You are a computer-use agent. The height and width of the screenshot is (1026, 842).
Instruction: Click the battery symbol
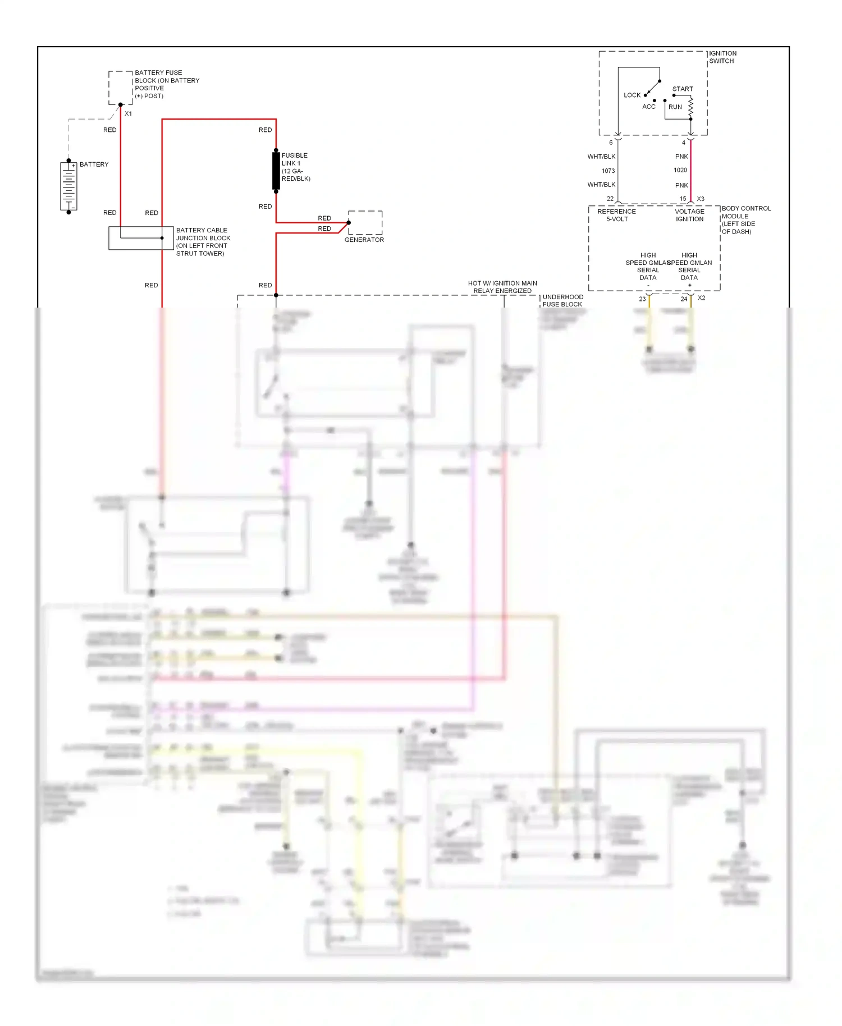pyautogui.click(x=68, y=187)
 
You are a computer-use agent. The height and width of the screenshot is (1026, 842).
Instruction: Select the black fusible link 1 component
pyautogui.click(x=276, y=171)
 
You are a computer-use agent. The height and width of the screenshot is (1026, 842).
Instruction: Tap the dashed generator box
pyautogui.click(x=365, y=222)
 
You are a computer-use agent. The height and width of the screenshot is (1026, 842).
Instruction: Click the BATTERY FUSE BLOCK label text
pyautogui.click(x=166, y=84)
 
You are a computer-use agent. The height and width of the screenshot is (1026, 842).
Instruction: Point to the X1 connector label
pyautogui.click(x=128, y=114)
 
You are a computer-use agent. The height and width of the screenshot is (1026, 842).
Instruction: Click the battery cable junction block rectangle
pyautogui.click(x=141, y=238)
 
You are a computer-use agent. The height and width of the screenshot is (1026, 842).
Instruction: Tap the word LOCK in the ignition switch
pyautogui.click(x=631, y=95)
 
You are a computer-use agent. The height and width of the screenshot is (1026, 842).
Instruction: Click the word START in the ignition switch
pyautogui.click(x=682, y=89)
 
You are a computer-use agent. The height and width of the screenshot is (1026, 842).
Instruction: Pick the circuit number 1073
pyautogui.click(x=608, y=171)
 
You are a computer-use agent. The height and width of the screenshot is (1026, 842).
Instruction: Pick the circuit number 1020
pyautogui.click(x=680, y=170)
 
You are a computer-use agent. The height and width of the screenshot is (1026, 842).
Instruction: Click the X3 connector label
pyautogui.click(x=700, y=199)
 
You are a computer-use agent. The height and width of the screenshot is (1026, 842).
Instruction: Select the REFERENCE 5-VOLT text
pyautogui.click(x=616, y=216)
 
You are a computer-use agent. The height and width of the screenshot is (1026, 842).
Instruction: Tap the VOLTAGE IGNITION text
pyautogui.click(x=689, y=216)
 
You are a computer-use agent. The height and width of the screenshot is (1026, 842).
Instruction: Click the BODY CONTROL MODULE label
pyautogui.click(x=745, y=220)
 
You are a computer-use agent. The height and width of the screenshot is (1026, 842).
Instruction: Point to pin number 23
pyautogui.click(x=642, y=299)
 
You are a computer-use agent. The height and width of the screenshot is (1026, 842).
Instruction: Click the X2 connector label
pyautogui.click(x=701, y=298)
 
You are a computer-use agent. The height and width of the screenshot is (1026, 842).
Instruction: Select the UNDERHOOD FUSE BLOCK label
pyautogui.click(x=562, y=301)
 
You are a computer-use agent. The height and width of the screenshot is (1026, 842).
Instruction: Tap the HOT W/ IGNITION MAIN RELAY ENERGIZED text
pyautogui.click(x=502, y=287)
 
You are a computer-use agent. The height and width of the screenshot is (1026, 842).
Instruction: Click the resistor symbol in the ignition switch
pyautogui.click(x=690, y=107)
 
